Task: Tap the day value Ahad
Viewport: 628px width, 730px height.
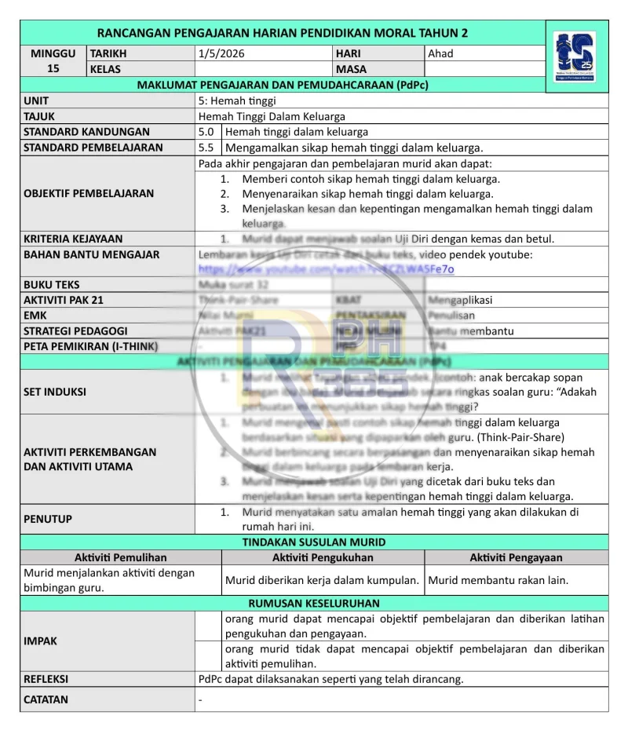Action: point(440,53)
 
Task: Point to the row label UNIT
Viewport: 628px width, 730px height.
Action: point(36,100)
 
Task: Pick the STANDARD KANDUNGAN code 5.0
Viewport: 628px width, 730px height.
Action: point(206,132)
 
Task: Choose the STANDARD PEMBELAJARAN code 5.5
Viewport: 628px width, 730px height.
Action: point(206,147)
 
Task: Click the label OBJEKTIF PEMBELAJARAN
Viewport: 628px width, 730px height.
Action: point(89,193)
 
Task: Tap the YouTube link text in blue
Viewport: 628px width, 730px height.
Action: point(326,269)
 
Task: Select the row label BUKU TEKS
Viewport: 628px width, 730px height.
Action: point(51,284)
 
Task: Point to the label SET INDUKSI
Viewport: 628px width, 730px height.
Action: point(55,392)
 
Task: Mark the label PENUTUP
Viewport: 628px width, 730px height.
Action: point(48,519)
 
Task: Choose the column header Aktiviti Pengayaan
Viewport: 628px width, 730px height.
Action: point(516,557)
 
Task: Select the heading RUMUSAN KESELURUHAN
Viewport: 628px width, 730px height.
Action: point(314,603)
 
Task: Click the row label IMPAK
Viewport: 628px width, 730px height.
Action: point(40,641)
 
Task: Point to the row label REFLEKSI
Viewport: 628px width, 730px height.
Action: point(46,678)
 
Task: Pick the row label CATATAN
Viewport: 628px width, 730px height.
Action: point(46,699)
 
